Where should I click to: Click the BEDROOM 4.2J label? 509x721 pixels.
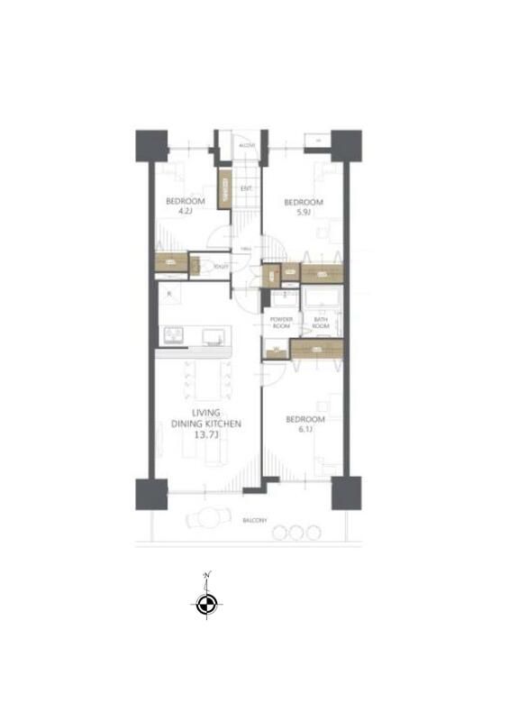[x=185, y=206]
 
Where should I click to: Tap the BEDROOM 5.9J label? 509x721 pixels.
[x=304, y=207]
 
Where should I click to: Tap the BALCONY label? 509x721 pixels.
[x=254, y=521]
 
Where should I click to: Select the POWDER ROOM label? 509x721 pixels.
[x=280, y=323]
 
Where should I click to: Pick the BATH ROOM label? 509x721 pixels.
[x=321, y=323]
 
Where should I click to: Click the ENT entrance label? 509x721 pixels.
[x=245, y=188]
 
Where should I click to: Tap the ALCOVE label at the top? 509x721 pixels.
[x=247, y=145]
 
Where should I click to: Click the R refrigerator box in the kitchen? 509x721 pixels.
[x=169, y=295]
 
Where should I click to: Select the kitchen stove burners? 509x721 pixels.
[x=172, y=336]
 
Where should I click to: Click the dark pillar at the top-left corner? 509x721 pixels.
[x=151, y=145]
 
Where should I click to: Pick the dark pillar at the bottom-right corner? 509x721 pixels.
[x=346, y=493]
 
